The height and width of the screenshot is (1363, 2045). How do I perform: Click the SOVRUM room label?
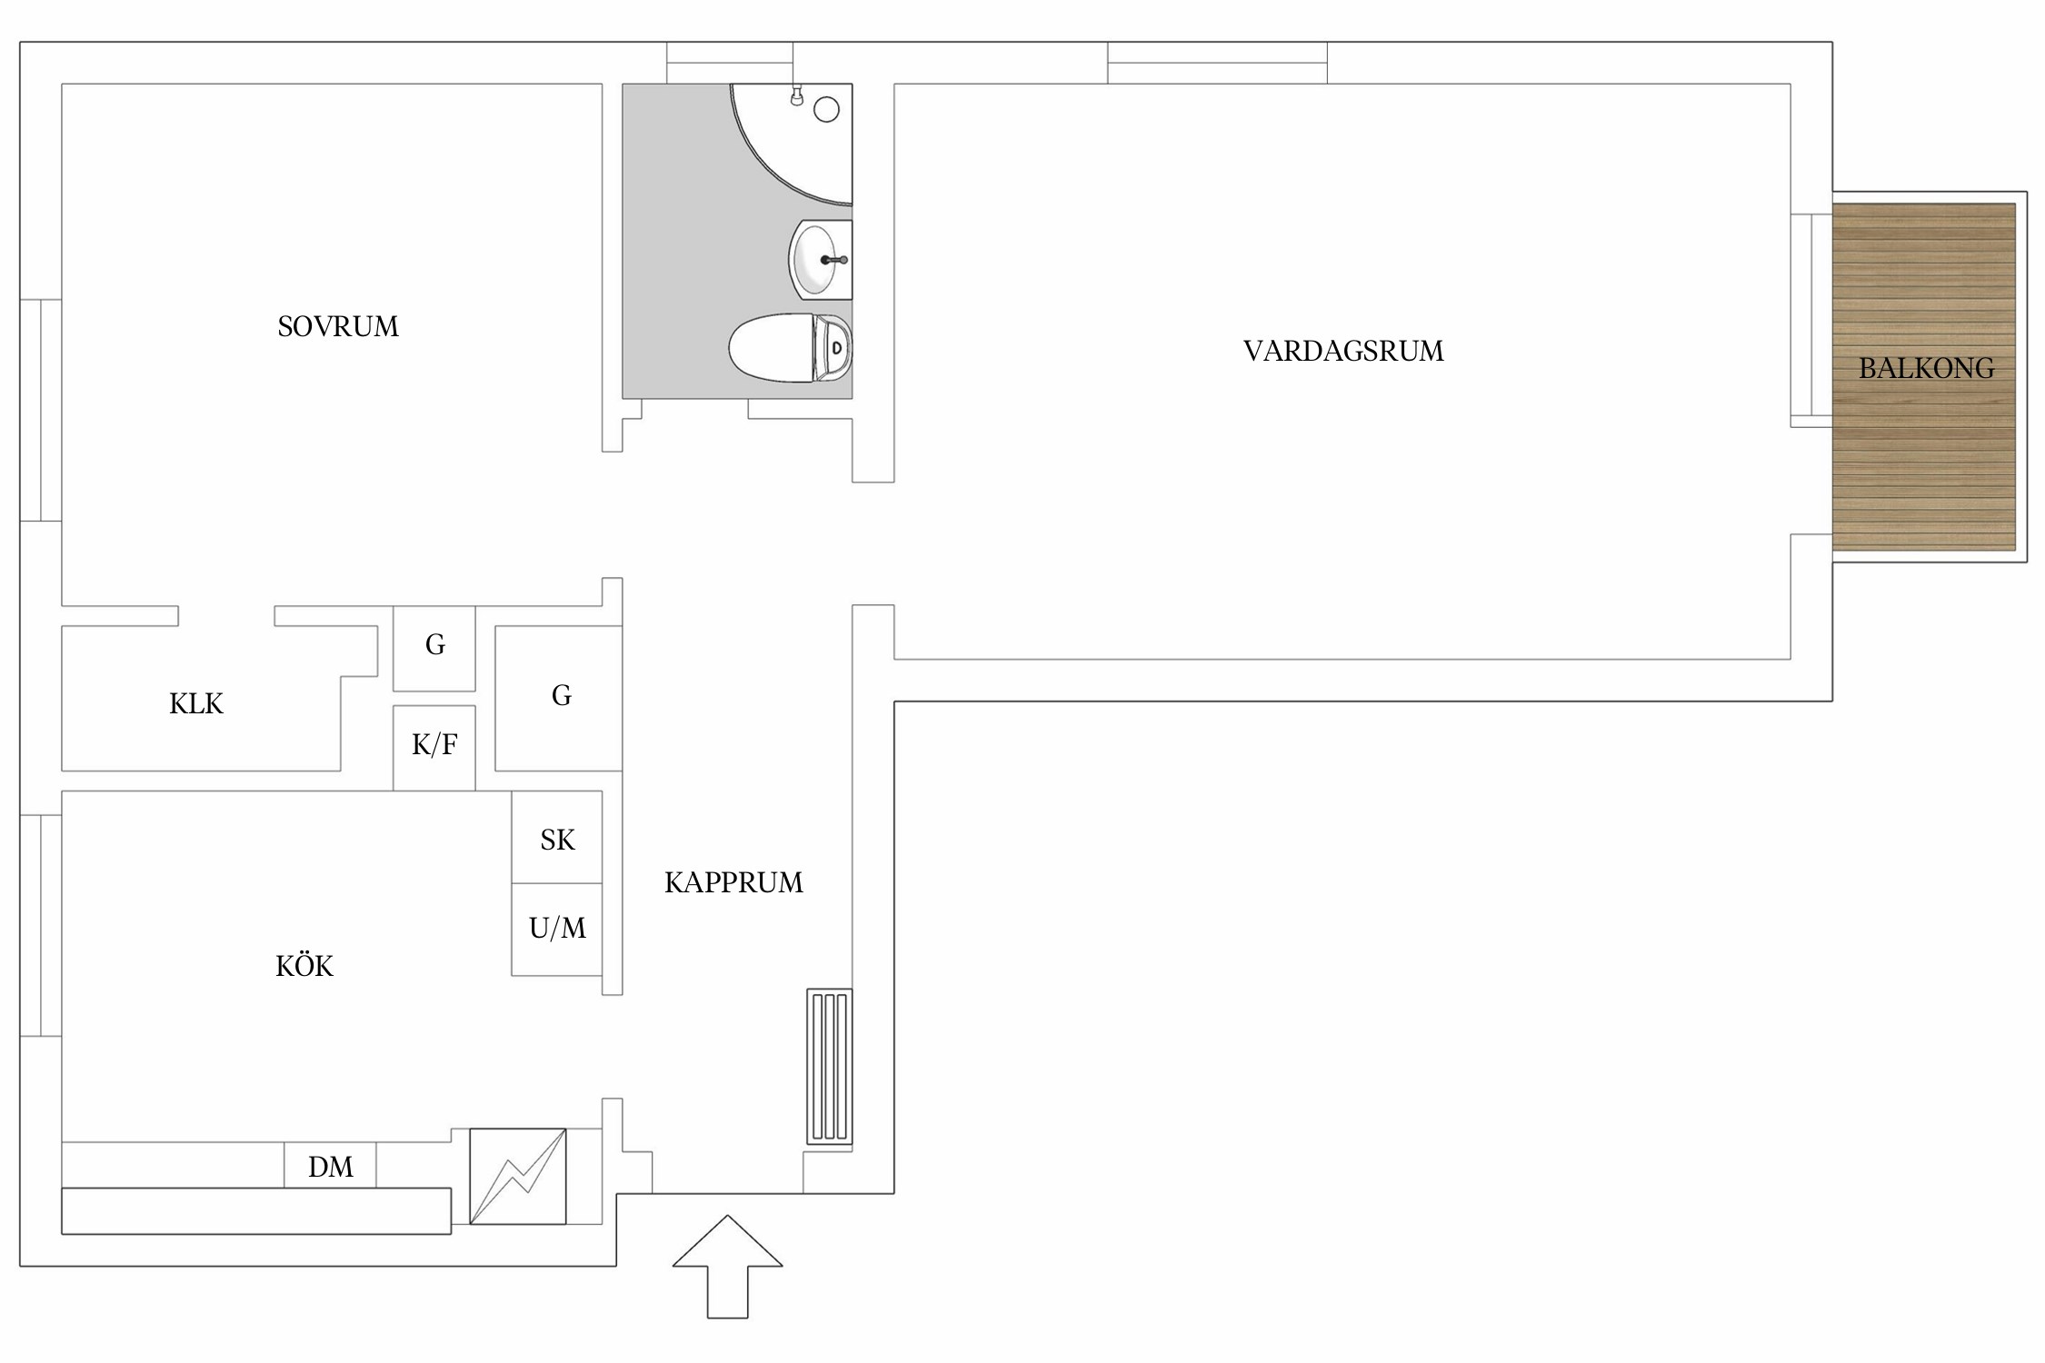click(338, 326)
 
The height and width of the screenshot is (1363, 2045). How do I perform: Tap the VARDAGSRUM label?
click(1343, 351)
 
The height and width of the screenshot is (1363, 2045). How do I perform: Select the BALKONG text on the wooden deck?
click(1926, 368)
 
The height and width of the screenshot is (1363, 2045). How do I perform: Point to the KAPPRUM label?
click(733, 882)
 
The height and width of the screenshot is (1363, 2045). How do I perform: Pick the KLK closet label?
click(196, 703)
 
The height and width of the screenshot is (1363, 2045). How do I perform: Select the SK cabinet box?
click(557, 837)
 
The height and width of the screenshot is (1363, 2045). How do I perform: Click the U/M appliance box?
click(557, 930)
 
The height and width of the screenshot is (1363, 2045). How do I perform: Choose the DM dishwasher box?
click(330, 1165)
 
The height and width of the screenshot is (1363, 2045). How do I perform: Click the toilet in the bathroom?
click(790, 348)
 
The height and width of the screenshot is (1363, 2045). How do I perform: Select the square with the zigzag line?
click(518, 1177)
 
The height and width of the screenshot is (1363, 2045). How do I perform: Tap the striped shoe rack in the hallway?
click(829, 1066)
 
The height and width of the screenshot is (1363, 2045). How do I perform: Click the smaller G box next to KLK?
click(434, 648)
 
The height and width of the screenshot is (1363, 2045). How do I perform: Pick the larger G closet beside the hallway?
click(558, 698)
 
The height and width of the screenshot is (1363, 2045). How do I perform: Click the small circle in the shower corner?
click(826, 110)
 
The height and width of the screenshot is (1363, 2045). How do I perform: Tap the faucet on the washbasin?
click(835, 260)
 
